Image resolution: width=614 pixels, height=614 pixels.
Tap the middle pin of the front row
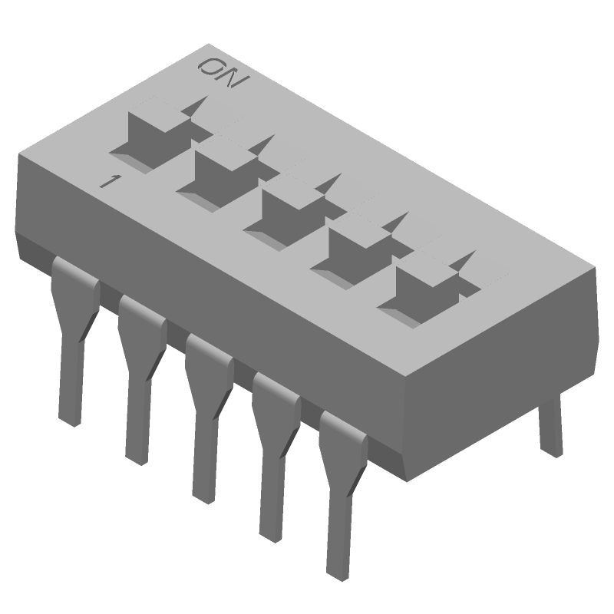coord(205,414)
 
